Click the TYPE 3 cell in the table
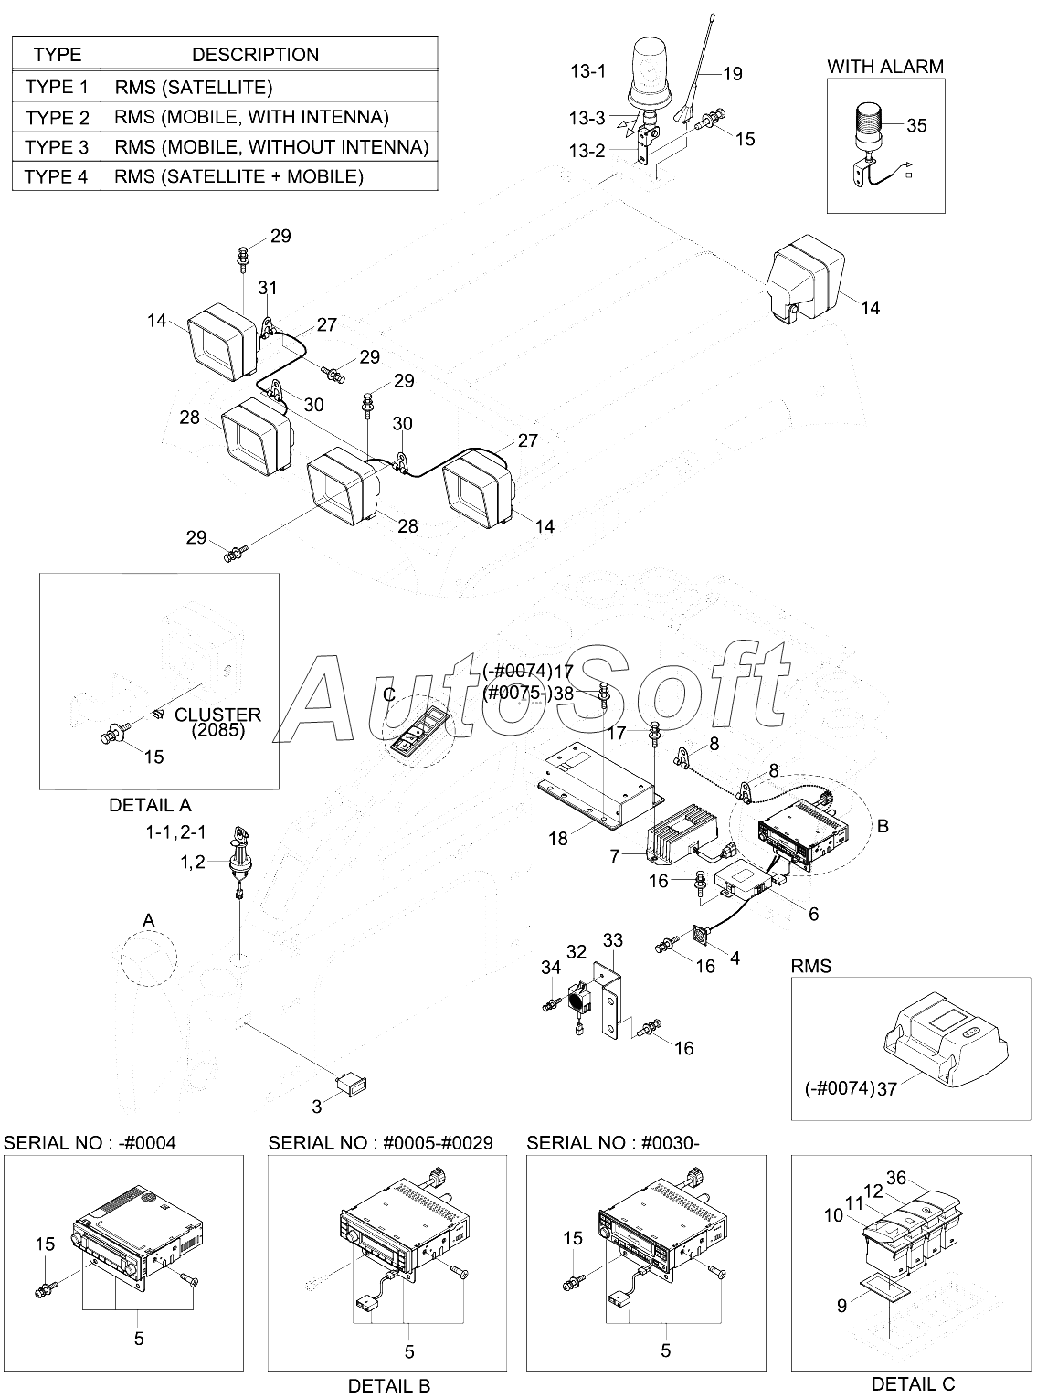point(57,147)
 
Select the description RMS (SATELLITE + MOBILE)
point(239,176)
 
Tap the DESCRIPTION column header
point(255,55)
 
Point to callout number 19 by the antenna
point(733,75)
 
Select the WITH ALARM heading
point(884,66)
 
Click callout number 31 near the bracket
point(267,288)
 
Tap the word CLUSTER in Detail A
point(218,715)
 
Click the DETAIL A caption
point(150,805)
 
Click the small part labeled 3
point(354,1086)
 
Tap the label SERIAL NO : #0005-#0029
point(380,1142)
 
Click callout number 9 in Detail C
point(841,1307)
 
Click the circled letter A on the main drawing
point(149,919)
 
